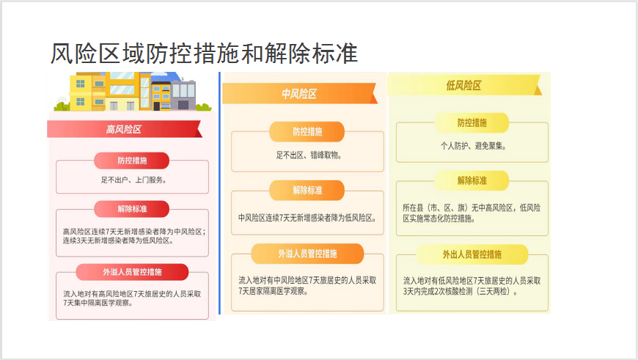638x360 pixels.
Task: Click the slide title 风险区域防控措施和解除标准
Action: click(x=204, y=54)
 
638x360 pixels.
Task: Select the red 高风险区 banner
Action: click(x=125, y=129)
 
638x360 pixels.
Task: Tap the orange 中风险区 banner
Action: click(x=300, y=94)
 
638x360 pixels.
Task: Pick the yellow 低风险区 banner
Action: click(x=464, y=86)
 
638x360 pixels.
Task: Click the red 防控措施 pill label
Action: click(x=132, y=161)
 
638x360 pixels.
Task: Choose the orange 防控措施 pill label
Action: click(x=307, y=132)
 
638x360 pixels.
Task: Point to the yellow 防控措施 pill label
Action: click(x=472, y=123)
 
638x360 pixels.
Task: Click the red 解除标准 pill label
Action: click(x=132, y=209)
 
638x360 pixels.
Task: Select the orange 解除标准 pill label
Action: click(x=307, y=191)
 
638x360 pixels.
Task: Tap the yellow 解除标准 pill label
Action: click(x=472, y=180)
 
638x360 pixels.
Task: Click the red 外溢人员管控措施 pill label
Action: click(x=132, y=272)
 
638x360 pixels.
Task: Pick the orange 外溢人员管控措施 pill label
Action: click(x=307, y=254)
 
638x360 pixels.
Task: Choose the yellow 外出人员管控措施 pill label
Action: click(x=472, y=254)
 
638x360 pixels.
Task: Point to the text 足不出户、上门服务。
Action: click(x=133, y=180)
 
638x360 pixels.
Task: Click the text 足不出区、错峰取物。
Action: click(x=309, y=155)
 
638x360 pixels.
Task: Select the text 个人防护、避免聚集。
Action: click(x=473, y=146)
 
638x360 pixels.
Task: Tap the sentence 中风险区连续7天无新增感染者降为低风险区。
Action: click(x=307, y=218)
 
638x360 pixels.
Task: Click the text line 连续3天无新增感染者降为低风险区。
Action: click(x=118, y=240)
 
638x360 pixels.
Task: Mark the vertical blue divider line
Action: click(x=220, y=194)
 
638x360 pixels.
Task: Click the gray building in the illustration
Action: click(x=183, y=95)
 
